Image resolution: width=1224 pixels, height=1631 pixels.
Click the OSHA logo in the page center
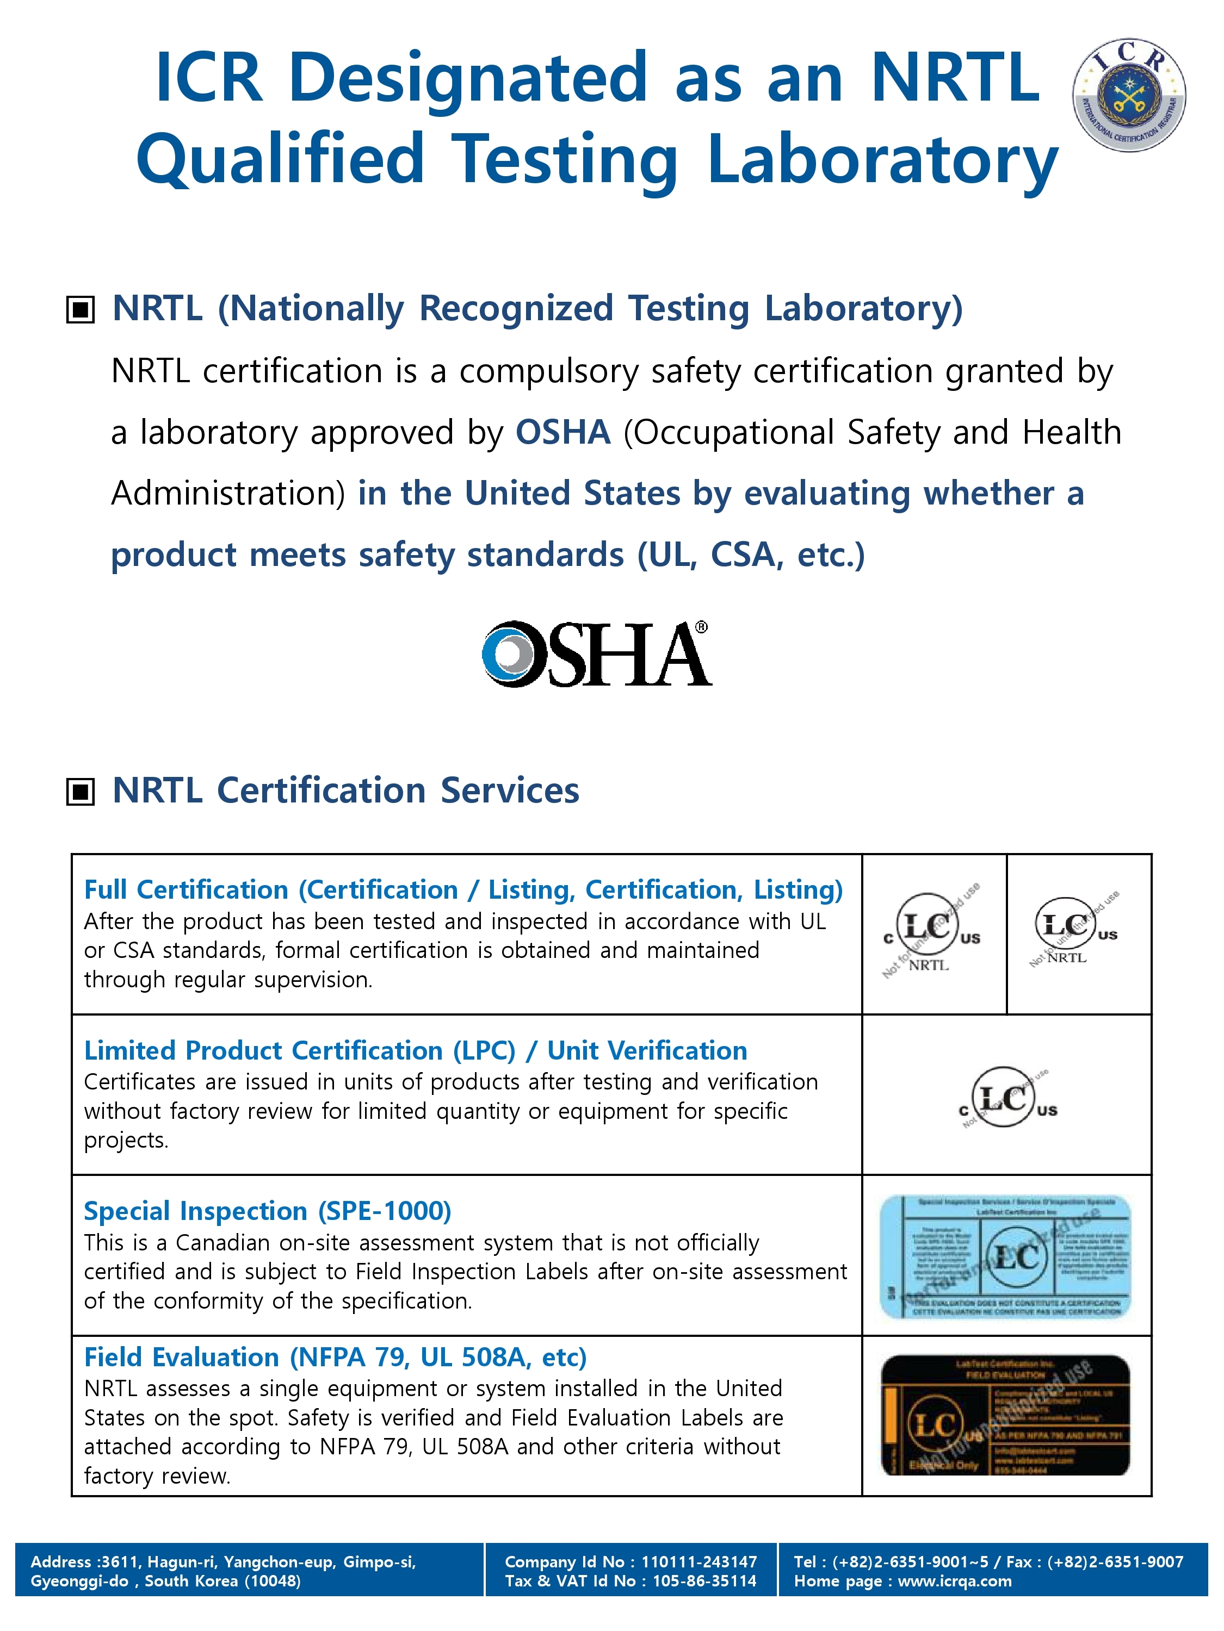point(596,654)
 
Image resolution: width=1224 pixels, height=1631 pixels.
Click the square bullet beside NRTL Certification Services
point(81,792)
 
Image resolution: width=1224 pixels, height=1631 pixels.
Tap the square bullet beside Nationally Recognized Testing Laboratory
point(81,310)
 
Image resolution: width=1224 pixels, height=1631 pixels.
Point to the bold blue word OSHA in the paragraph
point(562,432)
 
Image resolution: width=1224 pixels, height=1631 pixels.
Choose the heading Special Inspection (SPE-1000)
point(267,1211)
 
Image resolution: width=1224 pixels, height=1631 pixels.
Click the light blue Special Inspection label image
point(1005,1256)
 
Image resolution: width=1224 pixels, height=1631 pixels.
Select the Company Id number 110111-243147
point(698,1562)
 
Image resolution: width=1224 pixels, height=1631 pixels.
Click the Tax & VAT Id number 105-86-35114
point(704,1581)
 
